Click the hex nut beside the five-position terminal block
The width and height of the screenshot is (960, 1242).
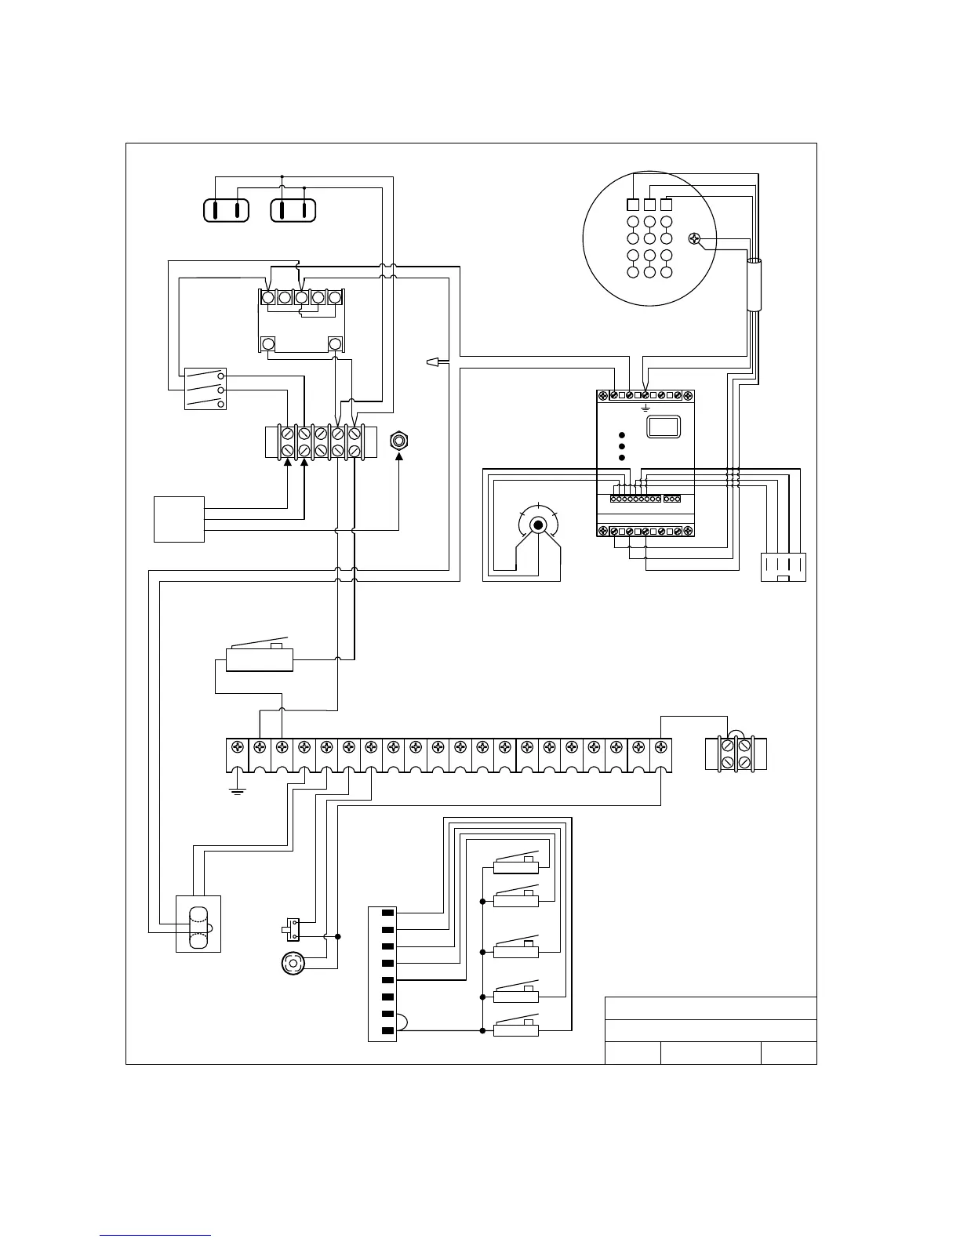tap(400, 441)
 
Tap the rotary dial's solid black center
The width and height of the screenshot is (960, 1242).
tap(538, 525)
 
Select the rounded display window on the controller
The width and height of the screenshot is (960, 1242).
tap(663, 426)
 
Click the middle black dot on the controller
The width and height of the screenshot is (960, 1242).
tap(621, 446)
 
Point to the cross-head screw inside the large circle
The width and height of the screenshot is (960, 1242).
tap(694, 239)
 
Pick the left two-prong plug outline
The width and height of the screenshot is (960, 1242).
tap(226, 210)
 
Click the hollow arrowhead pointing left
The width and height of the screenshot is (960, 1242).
tap(431, 361)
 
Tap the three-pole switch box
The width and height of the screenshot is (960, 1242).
tap(205, 389)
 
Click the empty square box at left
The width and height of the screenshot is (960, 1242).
tap(179, 519)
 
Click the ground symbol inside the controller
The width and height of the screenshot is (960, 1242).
tap(645, 408)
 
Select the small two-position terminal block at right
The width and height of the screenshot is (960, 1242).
tap(736, 754)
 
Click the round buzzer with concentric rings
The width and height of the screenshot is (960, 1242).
tap(293, 963)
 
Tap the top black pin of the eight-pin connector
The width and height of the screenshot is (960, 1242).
tap(387, 913)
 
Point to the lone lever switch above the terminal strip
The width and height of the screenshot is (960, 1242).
tap(259, 657)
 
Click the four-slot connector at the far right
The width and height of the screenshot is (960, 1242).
tap(783, 567)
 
